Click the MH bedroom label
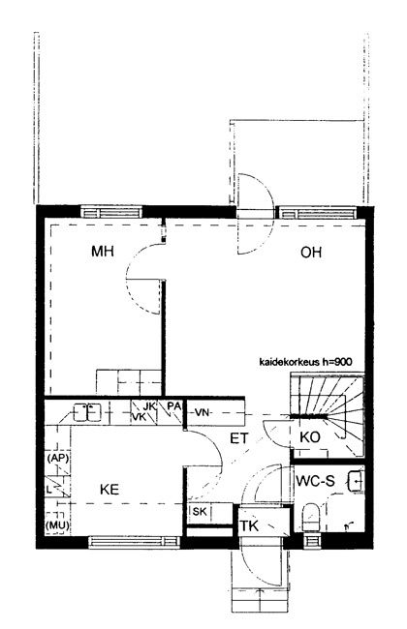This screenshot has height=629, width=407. point(103,252)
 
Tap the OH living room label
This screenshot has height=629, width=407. point(311,253)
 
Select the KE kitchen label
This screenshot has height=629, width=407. point(110,490)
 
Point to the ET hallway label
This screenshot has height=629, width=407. point(239,438)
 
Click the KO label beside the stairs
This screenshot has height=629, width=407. point(310,437)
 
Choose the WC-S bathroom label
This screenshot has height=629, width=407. point(315,481)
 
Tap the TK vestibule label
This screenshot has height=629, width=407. point(249,525)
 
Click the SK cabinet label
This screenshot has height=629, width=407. point(200,512)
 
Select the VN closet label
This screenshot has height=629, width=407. point(203,412)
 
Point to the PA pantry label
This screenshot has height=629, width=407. point(174,406)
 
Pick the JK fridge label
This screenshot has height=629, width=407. point(149,406)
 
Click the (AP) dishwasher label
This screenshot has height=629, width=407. point(58,458)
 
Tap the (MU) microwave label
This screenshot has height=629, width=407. point(57,525)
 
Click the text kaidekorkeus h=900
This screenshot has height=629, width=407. point(306,362)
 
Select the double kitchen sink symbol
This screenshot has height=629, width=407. point(87,412)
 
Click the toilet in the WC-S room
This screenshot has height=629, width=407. point(310,518)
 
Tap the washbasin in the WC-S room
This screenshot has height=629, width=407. point(356,481)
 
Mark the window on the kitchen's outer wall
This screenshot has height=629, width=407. point(134,542)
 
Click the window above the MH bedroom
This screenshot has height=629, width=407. point(111,212)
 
